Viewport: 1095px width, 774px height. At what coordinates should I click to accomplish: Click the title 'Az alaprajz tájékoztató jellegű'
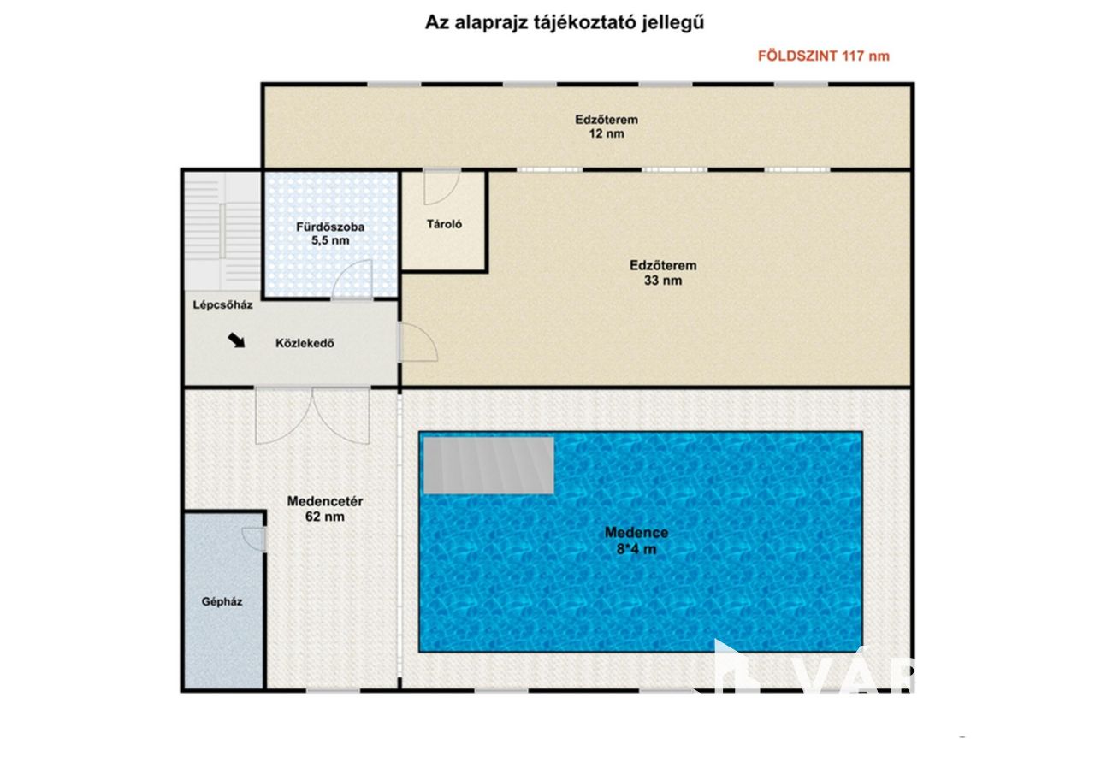pos(564,23)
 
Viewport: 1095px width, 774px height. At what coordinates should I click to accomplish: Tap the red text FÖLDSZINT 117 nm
pos(823,56)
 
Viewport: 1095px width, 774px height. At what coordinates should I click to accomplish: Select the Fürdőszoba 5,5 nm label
pos(330,233)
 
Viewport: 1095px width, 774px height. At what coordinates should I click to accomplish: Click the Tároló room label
pos(444,224)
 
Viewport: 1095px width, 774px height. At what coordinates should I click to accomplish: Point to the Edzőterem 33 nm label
pos(663,273)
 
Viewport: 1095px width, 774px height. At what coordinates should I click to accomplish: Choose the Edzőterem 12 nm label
pos(607,127)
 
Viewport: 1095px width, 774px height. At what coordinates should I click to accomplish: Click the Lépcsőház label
pos(222,305)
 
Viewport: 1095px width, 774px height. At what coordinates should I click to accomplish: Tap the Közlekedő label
pos(305,343)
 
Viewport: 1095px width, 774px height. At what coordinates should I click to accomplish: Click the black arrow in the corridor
pos(236,340)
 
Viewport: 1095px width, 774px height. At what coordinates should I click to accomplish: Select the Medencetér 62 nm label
pos(324,509)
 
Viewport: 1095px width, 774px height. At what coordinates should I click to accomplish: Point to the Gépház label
pos(222,602)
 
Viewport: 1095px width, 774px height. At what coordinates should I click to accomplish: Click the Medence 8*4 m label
pos(636,541)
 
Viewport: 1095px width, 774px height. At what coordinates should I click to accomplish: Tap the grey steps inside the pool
pos(488,465)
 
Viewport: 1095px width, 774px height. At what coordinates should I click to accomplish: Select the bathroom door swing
pos(352,280)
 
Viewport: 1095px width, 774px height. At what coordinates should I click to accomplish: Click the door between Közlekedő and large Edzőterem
pos(418,342)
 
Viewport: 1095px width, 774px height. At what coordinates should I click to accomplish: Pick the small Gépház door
pos(254,540)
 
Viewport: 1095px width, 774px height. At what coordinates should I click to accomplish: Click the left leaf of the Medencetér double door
pos(283,416)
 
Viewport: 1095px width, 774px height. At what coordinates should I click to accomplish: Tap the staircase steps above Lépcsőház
pos(222,231)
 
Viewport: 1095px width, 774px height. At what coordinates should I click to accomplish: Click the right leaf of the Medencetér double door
pos(341,416)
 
